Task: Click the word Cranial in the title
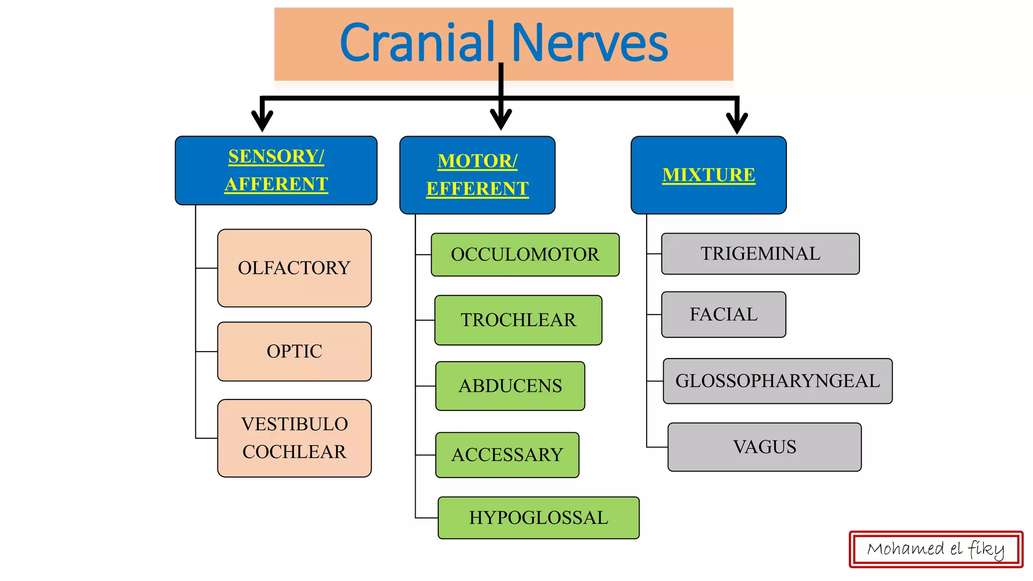point(417,43)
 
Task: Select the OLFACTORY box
point(294,268)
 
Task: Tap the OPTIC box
point(294,352)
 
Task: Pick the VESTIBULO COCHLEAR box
point(294,438)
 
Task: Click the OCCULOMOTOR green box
point(525,255)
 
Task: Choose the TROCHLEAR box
point(518,320)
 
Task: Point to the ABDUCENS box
point(510,386)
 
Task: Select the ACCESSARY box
point(507,455)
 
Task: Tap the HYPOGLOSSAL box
point(538,518)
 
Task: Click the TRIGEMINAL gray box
point(760,254)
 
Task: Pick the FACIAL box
point(723,314)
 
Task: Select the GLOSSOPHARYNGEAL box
point(777,381)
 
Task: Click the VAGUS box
point(764,447)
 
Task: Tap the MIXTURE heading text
point(708,175)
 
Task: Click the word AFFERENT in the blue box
point(276,184)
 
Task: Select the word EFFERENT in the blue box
point(477,189)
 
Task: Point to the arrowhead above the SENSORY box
point(262,121)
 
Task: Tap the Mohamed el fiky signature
point(936,549)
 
